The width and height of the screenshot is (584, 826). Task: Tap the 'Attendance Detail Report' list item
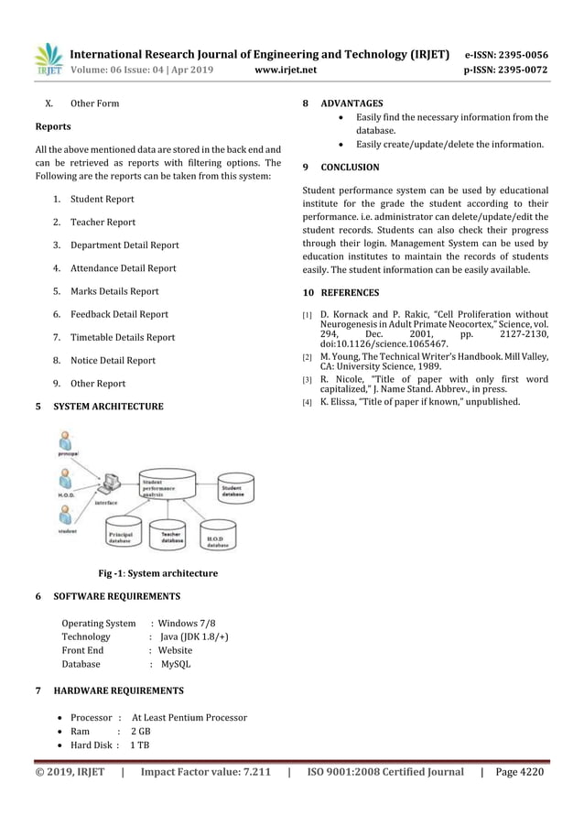coord(124,268)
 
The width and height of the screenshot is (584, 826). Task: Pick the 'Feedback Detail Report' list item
coord(119,314)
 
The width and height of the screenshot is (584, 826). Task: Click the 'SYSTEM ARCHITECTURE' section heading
coord(109,407)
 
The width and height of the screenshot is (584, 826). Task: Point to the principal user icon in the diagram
coord(66,443)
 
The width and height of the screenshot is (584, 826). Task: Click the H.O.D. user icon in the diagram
coord(66,479)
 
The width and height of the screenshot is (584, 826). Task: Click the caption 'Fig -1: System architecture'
coord(158,574)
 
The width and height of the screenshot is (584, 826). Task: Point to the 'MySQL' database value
coord(176,664)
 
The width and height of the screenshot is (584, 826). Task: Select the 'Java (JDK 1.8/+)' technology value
coord(194,636)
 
